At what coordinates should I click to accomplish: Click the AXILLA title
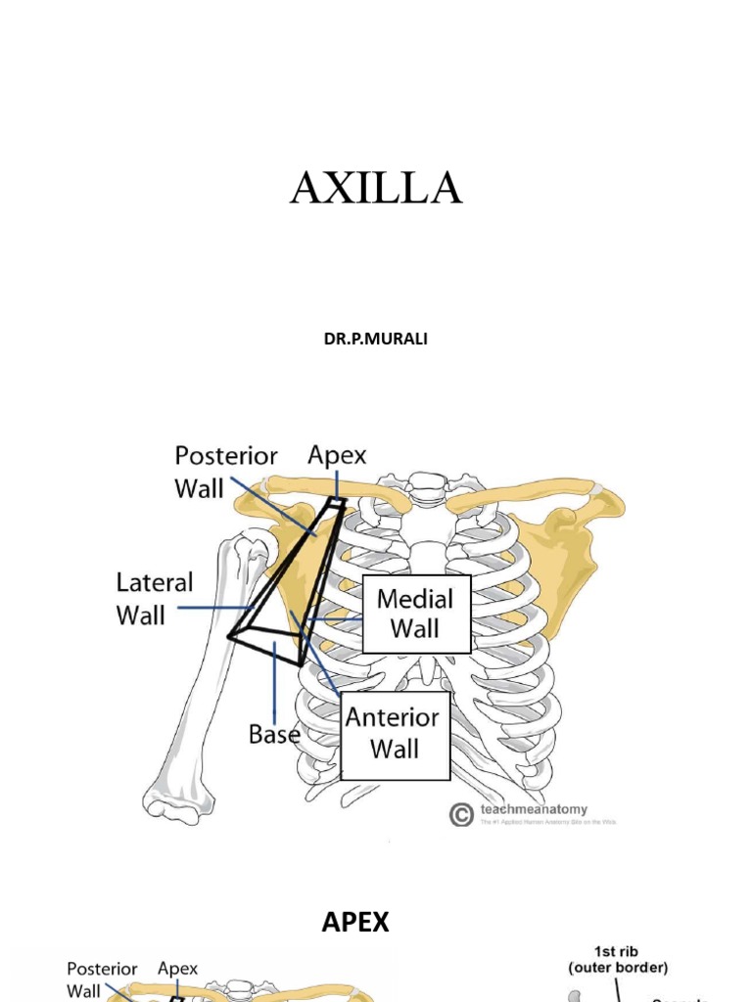pyautogui.click(x=376, y=188)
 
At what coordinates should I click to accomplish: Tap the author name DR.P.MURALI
pyautogui.click(x=375, y=339)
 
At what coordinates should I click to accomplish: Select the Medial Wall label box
pyautogui.click(x=415, y=614)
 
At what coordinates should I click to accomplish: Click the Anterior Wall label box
pyautogui.click(x=396, y=735)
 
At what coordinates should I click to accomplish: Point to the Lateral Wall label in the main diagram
pyautogui.click(x=155, y=599)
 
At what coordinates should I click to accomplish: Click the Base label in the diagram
pyautogui.click(x=273, y=734)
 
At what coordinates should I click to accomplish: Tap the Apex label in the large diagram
pyautogui.click(x=337, y=455)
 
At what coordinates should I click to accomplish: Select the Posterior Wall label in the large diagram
pyautogui.click(x=226, y=472)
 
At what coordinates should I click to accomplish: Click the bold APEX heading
pyautogui.click(x=355, y=922)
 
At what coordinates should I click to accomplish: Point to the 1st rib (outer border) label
pyautogui.click(x=619, y=959)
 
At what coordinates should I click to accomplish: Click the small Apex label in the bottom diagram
pyautogui.click(x=177, y=969)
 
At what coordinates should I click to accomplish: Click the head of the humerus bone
pyautogui.click(x=250, y=548)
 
